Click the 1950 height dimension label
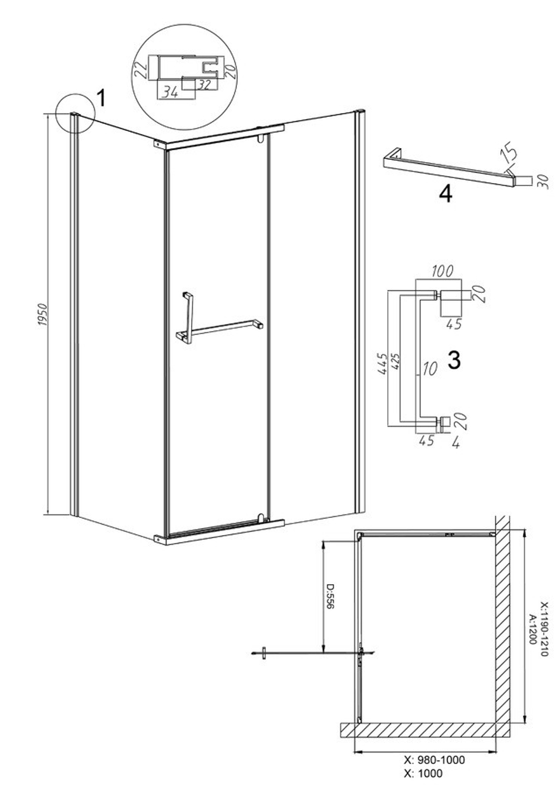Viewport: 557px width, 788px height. point(42,315)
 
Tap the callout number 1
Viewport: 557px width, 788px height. point(101,98)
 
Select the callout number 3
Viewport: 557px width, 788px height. point(454,360)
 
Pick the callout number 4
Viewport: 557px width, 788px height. point(446,194)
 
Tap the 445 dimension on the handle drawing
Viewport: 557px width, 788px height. point(382,364)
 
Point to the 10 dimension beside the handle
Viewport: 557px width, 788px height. point(429,368)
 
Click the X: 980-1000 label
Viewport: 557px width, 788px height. point(434,761)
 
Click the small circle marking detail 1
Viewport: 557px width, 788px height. point(76,113)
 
